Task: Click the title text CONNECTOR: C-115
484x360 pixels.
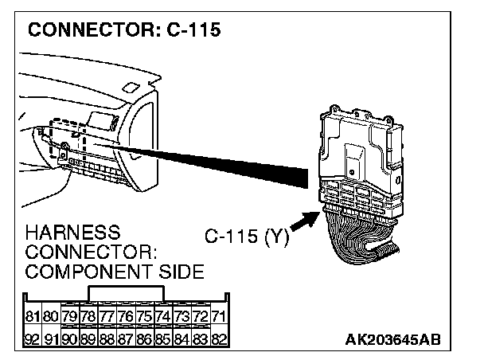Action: [x=123, y=30]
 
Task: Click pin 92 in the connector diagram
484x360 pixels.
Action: [x=33, y=339]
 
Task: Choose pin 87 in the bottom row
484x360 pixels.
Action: [x=126, y=339]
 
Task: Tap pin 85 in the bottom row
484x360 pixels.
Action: [x=163, y=339]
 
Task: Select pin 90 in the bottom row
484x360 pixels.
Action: [x=70, y=339]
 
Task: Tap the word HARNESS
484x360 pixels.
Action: [x=73, y=233]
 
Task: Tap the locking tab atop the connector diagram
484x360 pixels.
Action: [x=126, y=293]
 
